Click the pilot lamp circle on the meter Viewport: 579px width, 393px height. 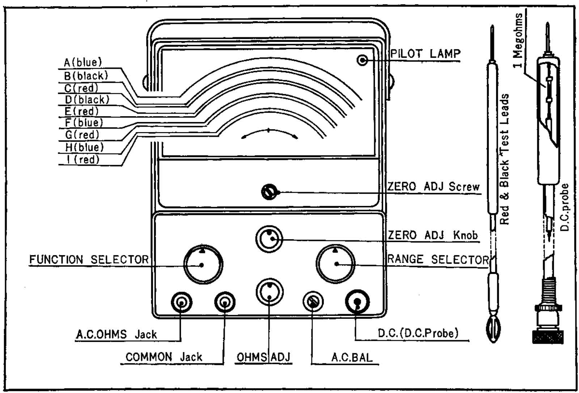[x=362, y=60]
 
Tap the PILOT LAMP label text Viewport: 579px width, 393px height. [x=425, y=54]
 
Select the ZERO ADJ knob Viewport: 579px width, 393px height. [x=269, y=238]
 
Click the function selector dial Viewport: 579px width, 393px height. [x=203, y=265]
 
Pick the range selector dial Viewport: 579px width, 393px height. [x=335, y=264]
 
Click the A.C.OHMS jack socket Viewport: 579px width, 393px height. [x=181, y=302]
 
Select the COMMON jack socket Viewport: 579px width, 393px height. [x=225, y=302]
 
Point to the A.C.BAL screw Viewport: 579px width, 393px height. [x=313, y=301]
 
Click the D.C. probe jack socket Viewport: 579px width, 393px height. [x=358, y=302]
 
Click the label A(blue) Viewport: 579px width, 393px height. [x=83, y=63]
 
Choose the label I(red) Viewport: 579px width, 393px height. [x=83, y=160]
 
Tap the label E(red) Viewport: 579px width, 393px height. [x=81, y=111]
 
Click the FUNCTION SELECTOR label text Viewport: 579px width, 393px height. [x=89, y=259]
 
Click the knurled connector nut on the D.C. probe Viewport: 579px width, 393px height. [x=548, y=337]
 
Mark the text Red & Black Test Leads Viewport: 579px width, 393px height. [x=504, y=159]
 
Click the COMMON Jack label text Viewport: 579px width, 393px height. [x=164, y=357]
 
